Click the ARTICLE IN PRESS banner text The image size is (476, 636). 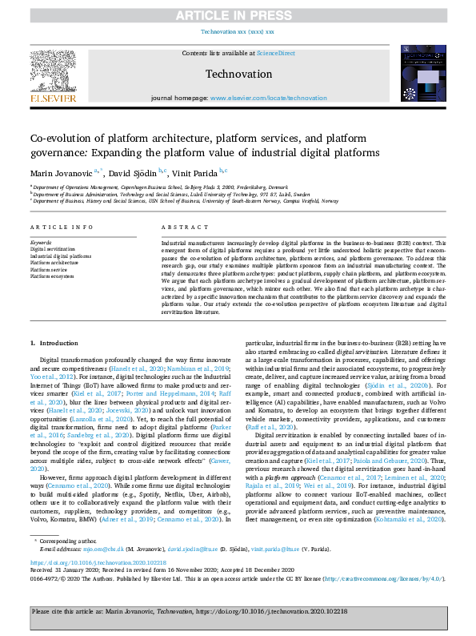pos(238,14)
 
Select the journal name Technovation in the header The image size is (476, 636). pos(238,73)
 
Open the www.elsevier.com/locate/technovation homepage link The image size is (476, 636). pos(269,98)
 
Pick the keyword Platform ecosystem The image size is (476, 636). pos(51,275)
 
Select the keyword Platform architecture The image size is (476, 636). pos(54,262)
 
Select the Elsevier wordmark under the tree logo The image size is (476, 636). pos(55,99)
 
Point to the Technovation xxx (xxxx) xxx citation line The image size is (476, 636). pos(238,31)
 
